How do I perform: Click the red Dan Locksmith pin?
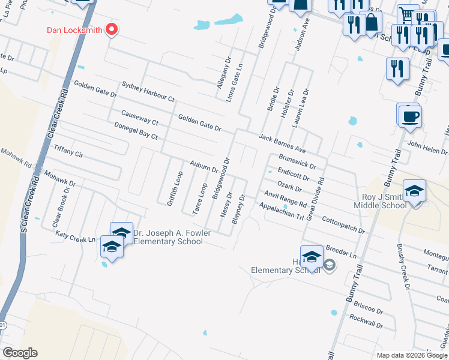point(111,29)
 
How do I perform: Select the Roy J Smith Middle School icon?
point(414,191)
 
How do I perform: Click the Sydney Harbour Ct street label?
point(148,91)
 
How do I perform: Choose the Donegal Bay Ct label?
point(136,131)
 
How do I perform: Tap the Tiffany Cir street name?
point(68,150)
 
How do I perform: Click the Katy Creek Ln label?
point(76,236)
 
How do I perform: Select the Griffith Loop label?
point(175,188)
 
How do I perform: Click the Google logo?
point(20,353)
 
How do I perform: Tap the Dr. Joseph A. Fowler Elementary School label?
point(168,238)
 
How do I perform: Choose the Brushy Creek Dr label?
point(402,266)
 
